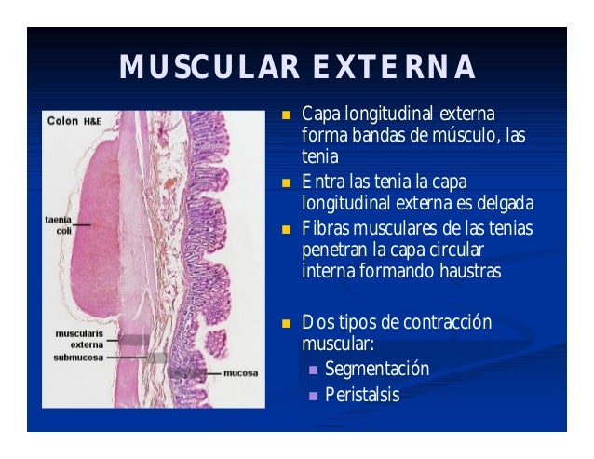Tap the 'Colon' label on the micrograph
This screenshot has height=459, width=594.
[x=62, y=120]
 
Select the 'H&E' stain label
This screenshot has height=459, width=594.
[x=93, y=121]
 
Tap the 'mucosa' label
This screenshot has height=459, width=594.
[x=240, y=372]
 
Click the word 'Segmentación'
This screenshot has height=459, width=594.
[x=377, y=369]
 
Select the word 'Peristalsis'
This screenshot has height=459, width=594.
[x=362, y=395]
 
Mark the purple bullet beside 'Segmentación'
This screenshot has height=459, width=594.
[x=313, y=371]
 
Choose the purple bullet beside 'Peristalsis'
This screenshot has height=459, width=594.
[x=313, y=396]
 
